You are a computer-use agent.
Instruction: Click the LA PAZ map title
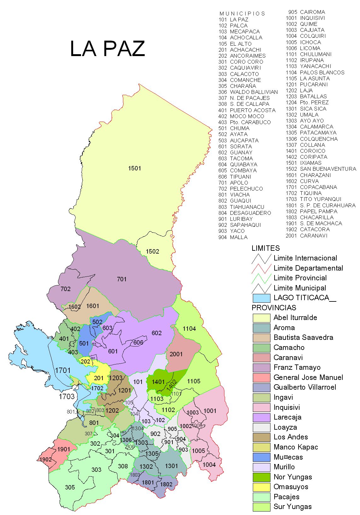[107, 49]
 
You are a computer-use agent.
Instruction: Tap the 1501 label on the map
[134, 168]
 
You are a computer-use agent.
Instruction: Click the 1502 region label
[152, 251]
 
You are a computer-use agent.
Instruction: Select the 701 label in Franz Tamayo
[122, 279]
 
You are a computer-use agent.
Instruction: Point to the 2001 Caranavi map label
[176, 354]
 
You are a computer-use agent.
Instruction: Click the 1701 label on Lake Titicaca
[63, 370]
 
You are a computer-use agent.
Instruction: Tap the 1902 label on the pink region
[45, 460]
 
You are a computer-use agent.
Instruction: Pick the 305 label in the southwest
[70, 487]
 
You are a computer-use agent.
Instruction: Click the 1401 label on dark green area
[158, 382]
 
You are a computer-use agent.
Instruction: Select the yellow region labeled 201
[99, 378]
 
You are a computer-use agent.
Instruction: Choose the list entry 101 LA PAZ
[233, 20]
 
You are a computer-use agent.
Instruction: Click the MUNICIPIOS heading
[242, 14]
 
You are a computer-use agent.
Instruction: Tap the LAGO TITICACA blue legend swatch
[261, 298]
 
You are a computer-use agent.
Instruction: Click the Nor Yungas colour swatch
[261, 477]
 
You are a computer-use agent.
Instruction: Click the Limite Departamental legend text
[308, 268]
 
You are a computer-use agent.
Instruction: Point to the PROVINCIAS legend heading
[274, 308]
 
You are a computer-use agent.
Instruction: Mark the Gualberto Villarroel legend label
[305, 387]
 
